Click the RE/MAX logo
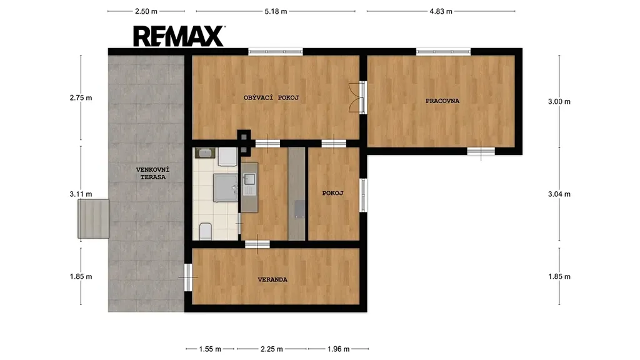[x=179, y=36]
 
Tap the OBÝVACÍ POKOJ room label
[x=271, y=97]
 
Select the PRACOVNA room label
[x=442, y=101]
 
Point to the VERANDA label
[x=272, y=279]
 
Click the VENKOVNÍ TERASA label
[x=152, y=173]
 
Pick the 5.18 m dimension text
[x=276, y=11]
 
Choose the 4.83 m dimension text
[x=441, y=11]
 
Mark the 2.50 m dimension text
[x=146, y=11]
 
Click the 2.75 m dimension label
[x=81, y=97]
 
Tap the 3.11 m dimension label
[x=81, y=194]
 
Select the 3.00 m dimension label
[x=559, y=101]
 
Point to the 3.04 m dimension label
[x=559, y=194]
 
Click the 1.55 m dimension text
[x=210, y=349]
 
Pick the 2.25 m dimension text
[x=272, y=349]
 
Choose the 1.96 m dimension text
[x=338, y=349]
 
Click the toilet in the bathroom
[x=205, y=231]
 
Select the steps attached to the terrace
[x=94, y=219]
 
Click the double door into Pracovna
[x=357, y=97]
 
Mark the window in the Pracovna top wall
[x=443, y=51]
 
